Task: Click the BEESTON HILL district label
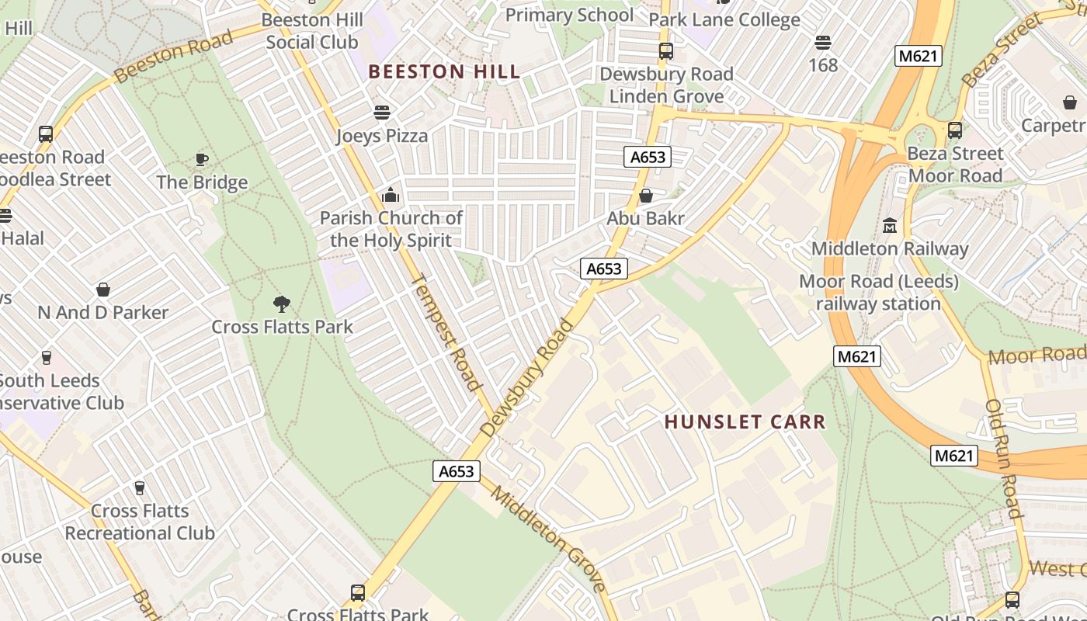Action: point(443,72)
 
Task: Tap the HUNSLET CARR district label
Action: point(745,422)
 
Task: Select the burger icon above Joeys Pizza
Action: point(381,113)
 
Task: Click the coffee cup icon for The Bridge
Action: point(202,160)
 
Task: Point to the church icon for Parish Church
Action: point(391,194)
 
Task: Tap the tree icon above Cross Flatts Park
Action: point(282,304)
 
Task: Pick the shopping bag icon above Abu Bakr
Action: point(645,196)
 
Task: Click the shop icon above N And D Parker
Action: point(102,290)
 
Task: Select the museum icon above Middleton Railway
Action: point(890,226)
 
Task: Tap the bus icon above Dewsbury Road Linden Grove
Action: point(666,51)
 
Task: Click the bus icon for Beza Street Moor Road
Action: point(955,130)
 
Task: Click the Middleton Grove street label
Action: point(548,540)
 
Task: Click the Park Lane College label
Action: point(724,19)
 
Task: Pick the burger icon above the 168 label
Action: point(823,42)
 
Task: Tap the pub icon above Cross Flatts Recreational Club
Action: point(140,488)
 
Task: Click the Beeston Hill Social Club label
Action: point(312,31)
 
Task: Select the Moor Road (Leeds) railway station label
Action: point(879,292)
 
